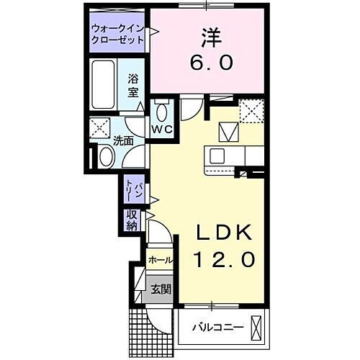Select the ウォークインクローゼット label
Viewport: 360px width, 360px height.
117,34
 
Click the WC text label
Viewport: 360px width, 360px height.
162,130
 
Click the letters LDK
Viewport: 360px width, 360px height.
224,232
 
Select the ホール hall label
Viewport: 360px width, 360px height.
159,261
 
